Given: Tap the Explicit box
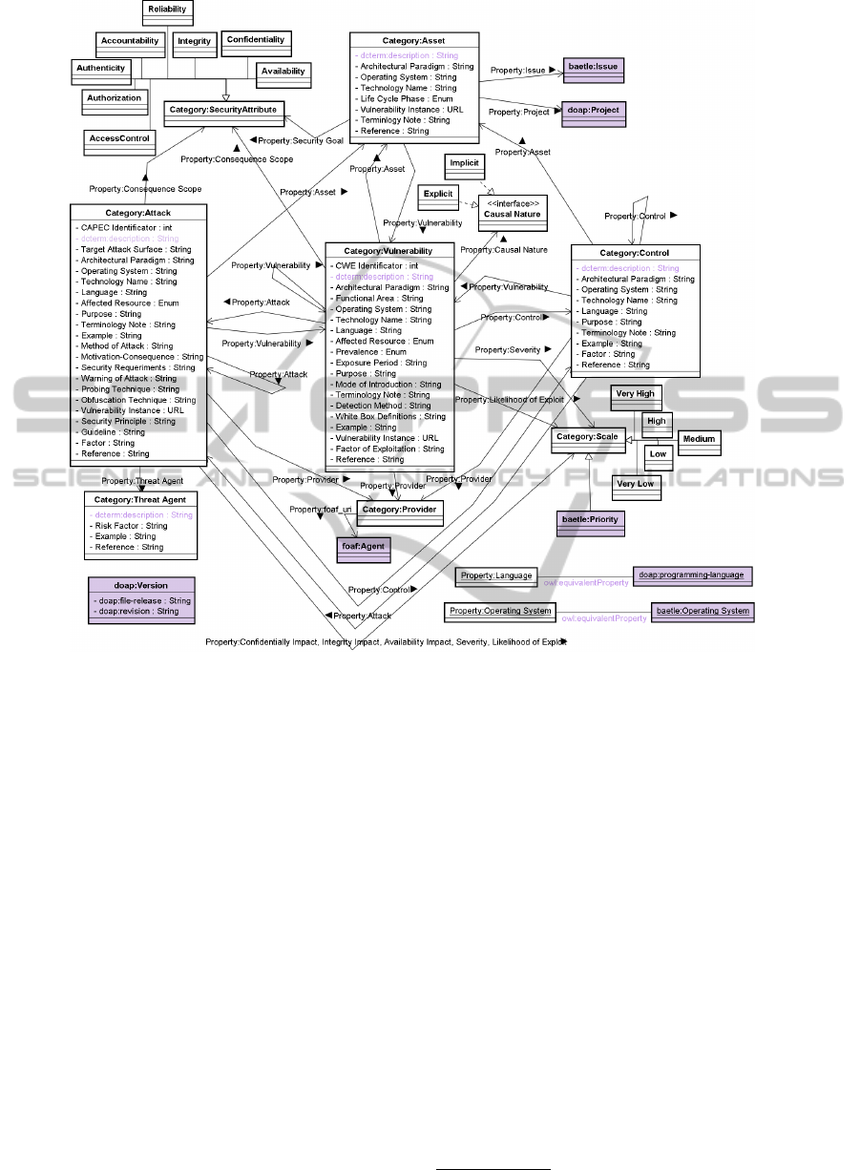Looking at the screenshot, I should click(x=438, y=196).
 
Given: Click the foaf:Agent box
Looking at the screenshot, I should click(x=362, y=549).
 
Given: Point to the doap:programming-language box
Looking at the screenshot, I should click(x=693, y=576).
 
